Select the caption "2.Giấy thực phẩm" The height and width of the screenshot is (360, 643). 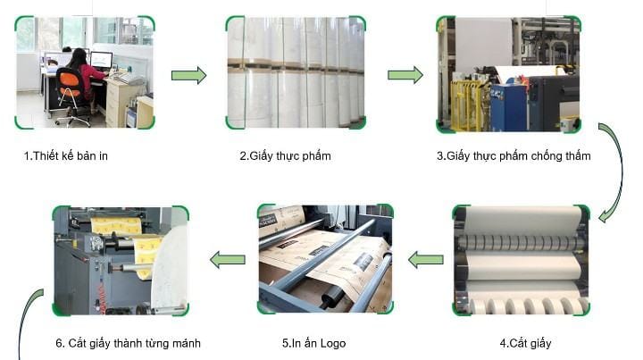pos(285,156)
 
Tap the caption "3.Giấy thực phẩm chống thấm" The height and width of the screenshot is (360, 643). pos(514,156)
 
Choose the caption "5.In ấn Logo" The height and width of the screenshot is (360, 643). pos(313,343)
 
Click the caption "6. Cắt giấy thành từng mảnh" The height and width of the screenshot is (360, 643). pos(129,343)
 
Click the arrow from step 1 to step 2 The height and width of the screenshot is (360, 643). pos(188,75)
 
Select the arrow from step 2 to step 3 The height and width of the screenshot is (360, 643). pos(405,75)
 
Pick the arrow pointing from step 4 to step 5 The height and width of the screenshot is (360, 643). pos(426,260)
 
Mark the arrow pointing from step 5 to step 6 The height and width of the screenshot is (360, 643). pos(228,260)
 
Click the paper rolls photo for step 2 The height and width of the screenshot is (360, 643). pos(296,72)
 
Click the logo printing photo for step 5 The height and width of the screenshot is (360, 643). pos(324,259)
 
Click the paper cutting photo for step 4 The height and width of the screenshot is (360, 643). pos(522,259)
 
